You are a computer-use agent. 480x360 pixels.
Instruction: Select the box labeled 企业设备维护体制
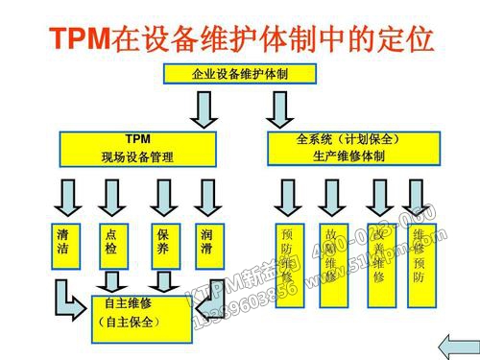click(x=241, y=73)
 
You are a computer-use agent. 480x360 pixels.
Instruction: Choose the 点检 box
click(x=113, y=241)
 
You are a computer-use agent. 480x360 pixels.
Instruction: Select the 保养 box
click(x=163, y=241)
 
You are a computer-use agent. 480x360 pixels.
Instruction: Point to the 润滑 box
click(x=208, y=241)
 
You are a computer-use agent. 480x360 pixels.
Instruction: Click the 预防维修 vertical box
click(x=288, y=262)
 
